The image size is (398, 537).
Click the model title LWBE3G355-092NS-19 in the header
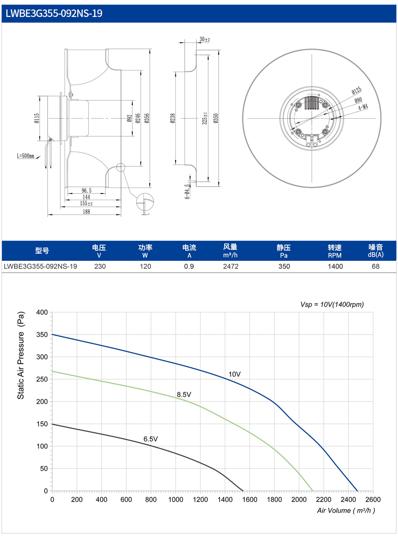coord(54,13)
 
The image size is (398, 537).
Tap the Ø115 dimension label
coord(37,118)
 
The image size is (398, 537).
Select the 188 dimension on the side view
coord(86,211)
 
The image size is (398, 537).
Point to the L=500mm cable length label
coord(26,156)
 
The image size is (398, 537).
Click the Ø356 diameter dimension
coord(147,118)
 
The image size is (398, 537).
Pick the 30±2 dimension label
coord(205,39)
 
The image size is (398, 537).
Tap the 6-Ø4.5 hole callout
coord(187,191)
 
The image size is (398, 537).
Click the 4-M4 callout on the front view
coord(363,107)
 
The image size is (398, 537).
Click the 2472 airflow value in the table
coord(231,266)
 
